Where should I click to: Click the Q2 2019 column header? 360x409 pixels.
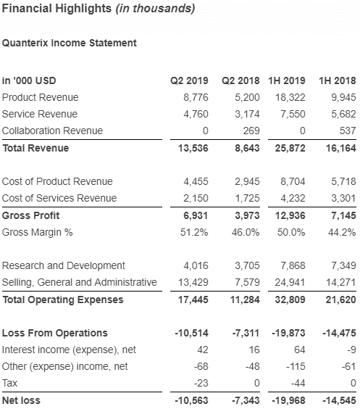point(189,80)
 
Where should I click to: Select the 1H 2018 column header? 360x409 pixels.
point(338,80)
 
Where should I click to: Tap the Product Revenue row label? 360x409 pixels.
point(40,97)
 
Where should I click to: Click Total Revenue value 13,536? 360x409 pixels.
point(193,148)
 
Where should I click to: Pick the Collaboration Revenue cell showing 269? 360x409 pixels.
point(251,131)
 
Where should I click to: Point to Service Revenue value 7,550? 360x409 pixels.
point(293,114)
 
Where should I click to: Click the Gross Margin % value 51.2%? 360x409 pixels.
point(194,232)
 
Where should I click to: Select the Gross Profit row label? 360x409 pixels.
point(30,215)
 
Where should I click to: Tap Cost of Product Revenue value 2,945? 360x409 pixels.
point(247,181)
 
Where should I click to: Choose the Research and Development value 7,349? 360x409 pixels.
point(343,265)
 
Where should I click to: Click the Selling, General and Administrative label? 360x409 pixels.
point(80,282)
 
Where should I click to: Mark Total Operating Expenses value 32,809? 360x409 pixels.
point(290,299)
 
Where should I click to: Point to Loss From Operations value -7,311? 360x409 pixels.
point(246,333)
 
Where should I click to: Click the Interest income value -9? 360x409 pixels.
point(351,350)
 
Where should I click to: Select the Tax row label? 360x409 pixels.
point(9,383)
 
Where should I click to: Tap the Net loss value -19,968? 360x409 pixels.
point(288,400)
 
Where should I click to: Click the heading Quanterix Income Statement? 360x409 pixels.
point(70,43)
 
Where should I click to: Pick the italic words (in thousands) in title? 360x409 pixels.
point(156,9)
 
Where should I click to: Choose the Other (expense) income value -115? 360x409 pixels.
point(296,366)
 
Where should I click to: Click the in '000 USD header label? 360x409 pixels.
point(29,80)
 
